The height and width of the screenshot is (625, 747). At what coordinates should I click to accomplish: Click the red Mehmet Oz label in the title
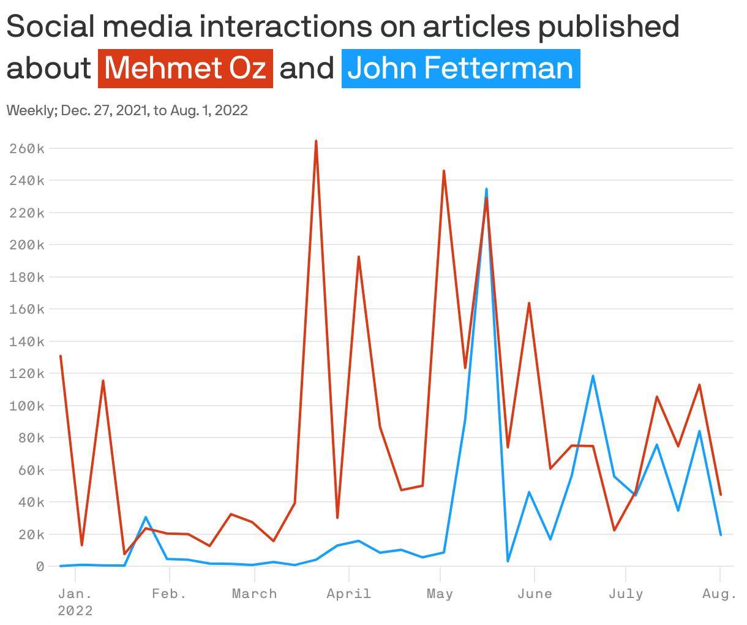[x=186, y=68]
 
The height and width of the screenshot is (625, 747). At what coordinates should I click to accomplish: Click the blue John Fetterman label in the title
[x=460, y=68]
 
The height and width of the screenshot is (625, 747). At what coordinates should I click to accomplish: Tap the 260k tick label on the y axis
[x=27, y=149]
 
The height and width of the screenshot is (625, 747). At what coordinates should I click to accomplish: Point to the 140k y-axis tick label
[x=27, y=341]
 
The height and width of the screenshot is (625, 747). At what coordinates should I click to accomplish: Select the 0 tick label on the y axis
[x=40, y=566]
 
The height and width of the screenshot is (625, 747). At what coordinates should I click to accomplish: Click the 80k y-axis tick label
[x=30, y=438]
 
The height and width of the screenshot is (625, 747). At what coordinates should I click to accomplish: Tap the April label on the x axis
[x=348, y=594]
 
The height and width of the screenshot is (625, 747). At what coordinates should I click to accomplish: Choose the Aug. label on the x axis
[x=719, y=594]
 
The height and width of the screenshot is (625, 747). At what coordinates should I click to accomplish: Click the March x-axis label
[x=254, y=594]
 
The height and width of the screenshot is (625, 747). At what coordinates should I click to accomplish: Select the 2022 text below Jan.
[x=75, y=611]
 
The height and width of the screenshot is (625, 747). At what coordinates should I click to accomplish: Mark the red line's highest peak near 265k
[x=316, y=141]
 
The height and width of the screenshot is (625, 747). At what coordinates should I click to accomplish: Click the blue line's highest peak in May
[x=486, y=189]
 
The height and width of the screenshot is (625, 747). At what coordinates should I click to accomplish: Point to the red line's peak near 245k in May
[x=444, y=171]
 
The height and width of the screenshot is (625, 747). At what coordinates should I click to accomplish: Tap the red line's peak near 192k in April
[x=359, y=257]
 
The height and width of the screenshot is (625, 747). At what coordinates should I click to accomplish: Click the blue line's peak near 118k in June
[x=593, y=376]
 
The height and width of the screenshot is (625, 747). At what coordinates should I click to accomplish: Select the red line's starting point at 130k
[x=61, y=356]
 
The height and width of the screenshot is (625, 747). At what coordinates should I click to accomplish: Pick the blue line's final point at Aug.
[x=721, y=534]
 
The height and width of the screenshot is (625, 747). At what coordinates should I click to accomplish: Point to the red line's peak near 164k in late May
[x=529, y=303]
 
